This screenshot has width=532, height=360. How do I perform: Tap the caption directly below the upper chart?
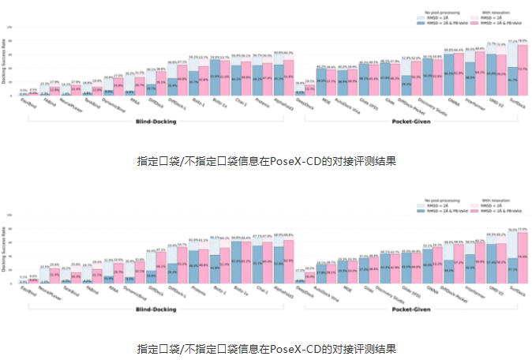pos(265,160)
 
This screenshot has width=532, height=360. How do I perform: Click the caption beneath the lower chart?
pos(265,347)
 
